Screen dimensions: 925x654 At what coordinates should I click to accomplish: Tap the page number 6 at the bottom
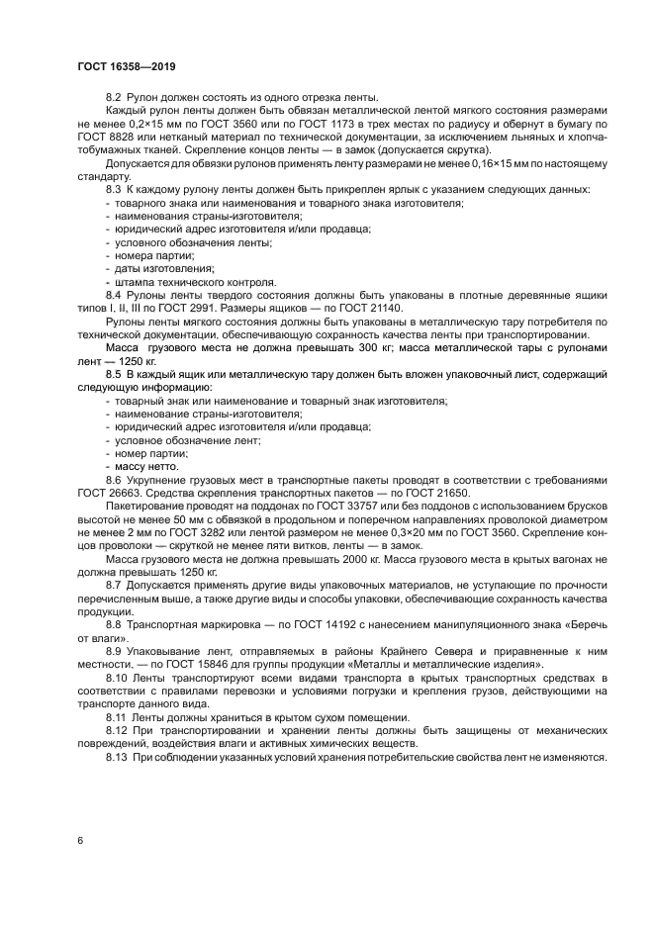coord(79,840)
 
